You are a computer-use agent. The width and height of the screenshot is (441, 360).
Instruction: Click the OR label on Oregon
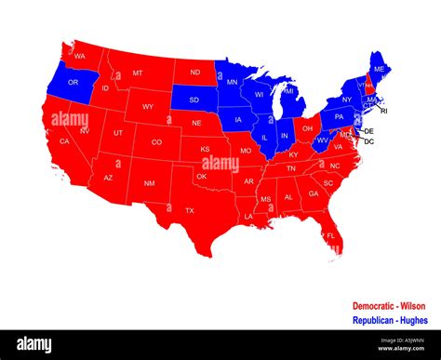coord(73,83)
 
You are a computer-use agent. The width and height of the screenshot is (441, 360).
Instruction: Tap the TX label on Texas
coord(190,210)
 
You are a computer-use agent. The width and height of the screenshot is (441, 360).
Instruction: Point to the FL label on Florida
coord(330,236)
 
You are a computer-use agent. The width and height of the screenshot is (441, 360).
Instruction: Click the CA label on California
coord(64,141)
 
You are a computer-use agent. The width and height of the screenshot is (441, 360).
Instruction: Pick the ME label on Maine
coord(378,70)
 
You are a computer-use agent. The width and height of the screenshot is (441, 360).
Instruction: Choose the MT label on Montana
coord(138,73)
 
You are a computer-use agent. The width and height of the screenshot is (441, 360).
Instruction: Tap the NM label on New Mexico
coord(149,183)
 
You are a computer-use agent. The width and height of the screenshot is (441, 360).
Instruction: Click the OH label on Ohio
coord(306,127)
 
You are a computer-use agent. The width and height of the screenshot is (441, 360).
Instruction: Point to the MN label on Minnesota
coord(233,83)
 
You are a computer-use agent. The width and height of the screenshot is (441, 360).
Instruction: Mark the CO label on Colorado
coord(156,142)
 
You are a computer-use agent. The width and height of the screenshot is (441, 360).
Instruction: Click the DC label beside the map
coord(368,141)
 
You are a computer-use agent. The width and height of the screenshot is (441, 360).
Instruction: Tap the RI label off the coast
coord(384,111)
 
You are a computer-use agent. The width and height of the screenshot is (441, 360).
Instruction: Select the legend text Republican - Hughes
coord(389,320)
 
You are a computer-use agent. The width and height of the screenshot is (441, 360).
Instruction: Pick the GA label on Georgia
coord(314,194)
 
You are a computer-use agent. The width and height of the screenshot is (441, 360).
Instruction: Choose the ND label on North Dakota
coord(194,73)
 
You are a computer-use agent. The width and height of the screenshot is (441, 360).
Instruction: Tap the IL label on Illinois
coord(264,137)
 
